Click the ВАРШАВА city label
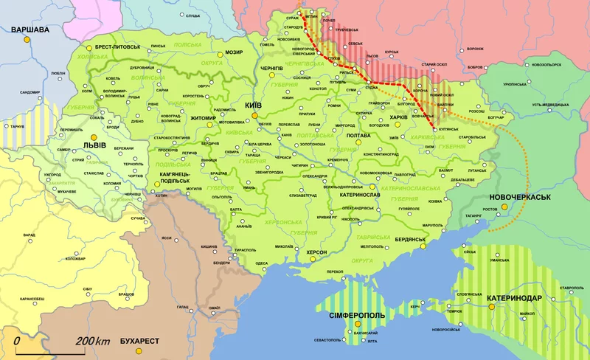pos(29,30)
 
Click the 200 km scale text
pos(92,342)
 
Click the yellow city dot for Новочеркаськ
pos(505,208)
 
